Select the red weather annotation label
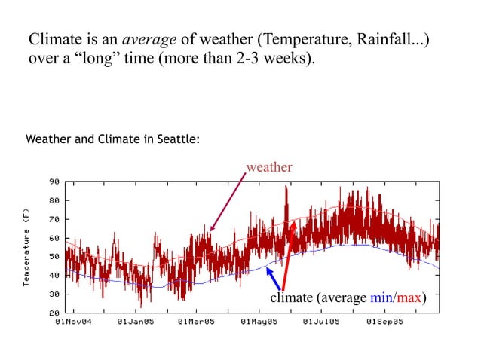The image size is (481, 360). (269, 167)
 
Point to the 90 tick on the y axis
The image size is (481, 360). (54, 182)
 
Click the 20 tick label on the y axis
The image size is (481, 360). (54, 313)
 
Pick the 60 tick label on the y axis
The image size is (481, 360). (54, 238)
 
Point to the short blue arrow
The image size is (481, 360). (274, 278)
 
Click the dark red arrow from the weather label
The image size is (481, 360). (228, 202)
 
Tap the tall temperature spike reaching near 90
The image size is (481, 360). (286, 196)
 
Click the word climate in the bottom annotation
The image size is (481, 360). (291, 297)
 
